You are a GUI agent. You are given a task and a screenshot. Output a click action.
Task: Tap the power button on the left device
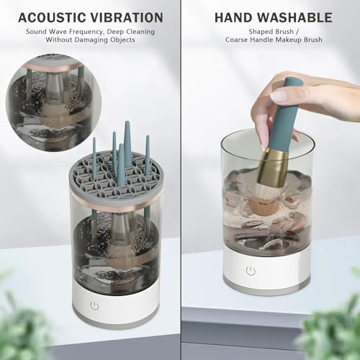pos(94,305)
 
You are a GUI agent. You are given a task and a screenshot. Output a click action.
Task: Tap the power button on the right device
pos(251,271)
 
